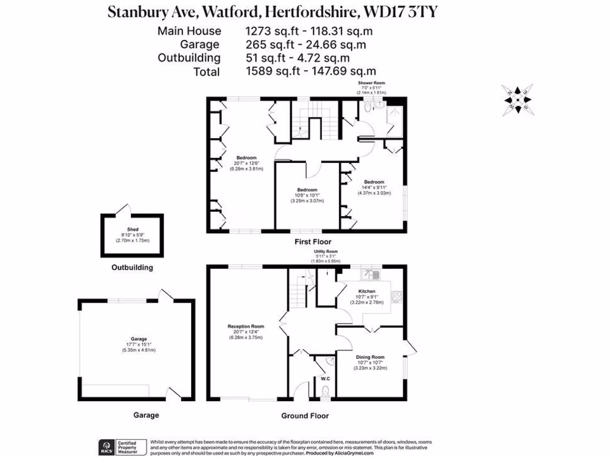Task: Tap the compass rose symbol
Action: pos(517,99)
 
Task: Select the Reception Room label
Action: pos(245,326)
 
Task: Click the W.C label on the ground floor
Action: pos(325,378)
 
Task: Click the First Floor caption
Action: pos(313,242)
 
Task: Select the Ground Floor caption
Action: pos(305,416)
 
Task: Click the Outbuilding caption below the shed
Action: pos(132,268)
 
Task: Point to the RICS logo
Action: pos(107,447)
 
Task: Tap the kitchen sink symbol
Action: pos(373,274)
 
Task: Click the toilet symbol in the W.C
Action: pos(325,392)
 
